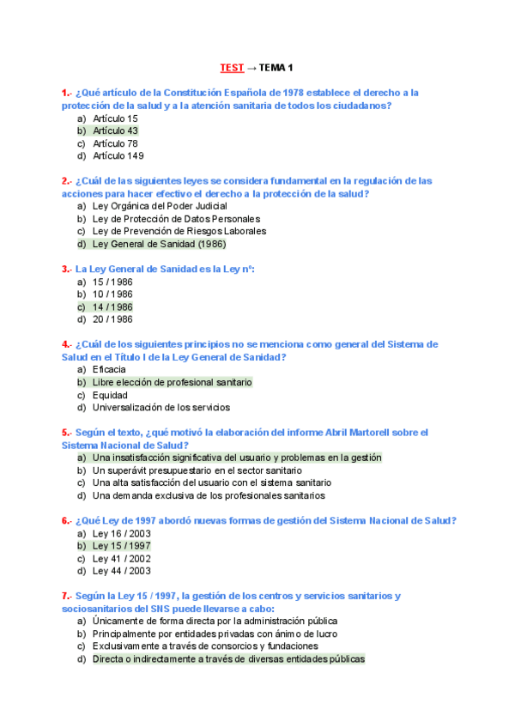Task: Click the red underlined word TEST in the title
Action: [x=231, y=67]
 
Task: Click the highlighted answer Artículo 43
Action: [x=115, y=130]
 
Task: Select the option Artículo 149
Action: [x=118, y=156]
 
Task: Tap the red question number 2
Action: [x=65, y=181]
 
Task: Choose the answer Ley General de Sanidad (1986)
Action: [x=159, y=244]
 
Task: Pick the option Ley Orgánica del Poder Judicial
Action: [x=160, y=206]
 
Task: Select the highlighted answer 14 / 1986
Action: [x=112, y=306]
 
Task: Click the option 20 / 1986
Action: [x=112, y=319]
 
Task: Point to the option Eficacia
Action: [x=109, y=369]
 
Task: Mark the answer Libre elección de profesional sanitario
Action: [x=172, y=382]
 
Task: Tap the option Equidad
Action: [x=110, y=395]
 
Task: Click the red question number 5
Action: [x=65, y=433]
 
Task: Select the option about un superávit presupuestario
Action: [x=197, y=470]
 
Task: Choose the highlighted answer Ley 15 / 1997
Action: [x=121, y=545]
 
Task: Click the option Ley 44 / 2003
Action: [x=121, y=570]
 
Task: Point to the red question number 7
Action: [x=65, y=595]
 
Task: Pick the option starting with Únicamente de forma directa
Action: [x=215, y=620]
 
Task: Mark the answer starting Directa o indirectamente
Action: [x=228, y=658]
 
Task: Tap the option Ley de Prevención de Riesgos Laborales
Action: [x=179, y=231]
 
